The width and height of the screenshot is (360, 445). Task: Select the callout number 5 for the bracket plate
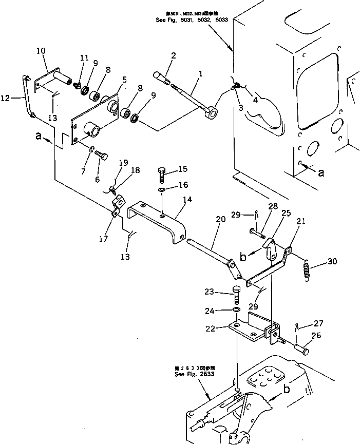(124, 80)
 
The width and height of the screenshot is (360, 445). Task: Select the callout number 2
(174, 55)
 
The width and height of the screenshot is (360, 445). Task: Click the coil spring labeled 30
(307, 269)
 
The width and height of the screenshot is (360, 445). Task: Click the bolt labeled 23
(237, 296)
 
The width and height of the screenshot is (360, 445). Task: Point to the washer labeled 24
(235, 311)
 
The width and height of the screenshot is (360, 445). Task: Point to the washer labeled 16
(161, 190)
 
